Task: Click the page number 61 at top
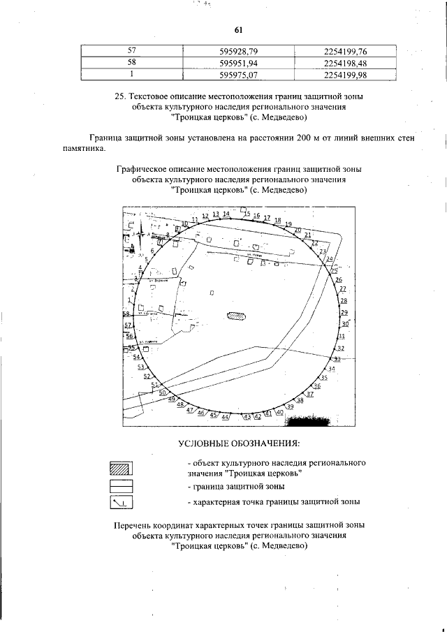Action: tap(237, 29)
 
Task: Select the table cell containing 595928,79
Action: tap(239, 50)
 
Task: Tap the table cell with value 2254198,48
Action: tap(346, 62)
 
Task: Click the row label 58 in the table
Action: tap(132, 62)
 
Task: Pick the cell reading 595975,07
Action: tap(239, 74)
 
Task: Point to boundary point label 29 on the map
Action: tap(344, 313)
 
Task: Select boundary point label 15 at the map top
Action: tap(247, 212)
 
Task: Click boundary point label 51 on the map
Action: tap(155, 385)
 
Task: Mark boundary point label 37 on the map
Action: tap(310, 394)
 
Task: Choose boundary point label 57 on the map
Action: tap(128, 325)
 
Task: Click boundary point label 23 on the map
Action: tap(323, 251)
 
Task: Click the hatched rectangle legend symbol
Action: tap(122, 468)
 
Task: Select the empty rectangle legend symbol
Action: tap(122, 485)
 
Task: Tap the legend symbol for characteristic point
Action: tap(122, 501)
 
